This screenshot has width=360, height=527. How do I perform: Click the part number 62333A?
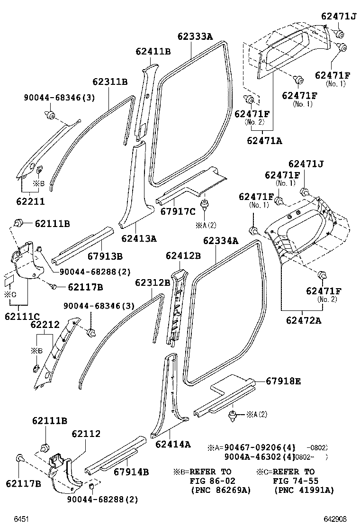(195, 36)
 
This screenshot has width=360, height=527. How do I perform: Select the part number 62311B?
(110, 82)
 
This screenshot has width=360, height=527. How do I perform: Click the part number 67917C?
(178, 211)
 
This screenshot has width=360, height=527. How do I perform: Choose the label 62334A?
(221, 241)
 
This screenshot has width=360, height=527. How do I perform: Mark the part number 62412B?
(183, 256)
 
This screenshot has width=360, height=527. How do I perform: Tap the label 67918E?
(283, 382)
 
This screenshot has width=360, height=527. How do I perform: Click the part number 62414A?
(173, 444)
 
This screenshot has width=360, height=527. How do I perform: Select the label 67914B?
(131, 472)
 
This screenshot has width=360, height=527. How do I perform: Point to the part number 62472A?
(303, 320)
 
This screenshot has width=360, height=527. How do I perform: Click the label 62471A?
(264, 140)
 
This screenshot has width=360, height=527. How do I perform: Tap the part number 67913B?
(105, 256)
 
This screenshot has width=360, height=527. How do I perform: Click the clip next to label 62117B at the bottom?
(20, 458)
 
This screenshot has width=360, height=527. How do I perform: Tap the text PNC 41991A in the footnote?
(304, 490)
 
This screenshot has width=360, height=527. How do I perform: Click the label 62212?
(45, 325)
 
